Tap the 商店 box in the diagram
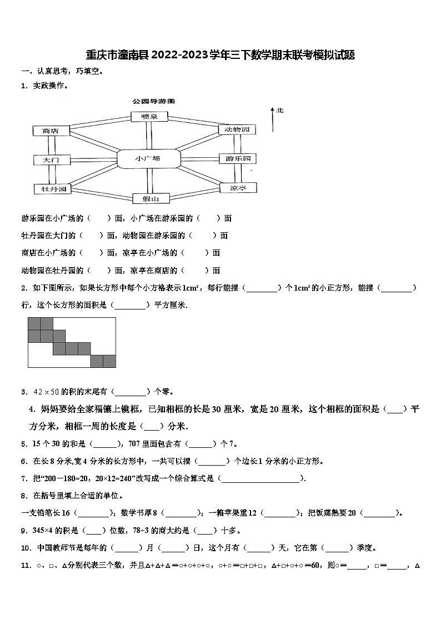[50, 131]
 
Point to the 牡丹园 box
[50, 189]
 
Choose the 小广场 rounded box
[148, 158]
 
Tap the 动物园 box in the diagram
[237, 129]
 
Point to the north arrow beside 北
[273, 119]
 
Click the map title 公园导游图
[153, 102]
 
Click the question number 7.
[23, 478]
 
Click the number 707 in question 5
[135, 443]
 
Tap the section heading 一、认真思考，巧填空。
[62, 71]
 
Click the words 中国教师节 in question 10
[54, 548]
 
